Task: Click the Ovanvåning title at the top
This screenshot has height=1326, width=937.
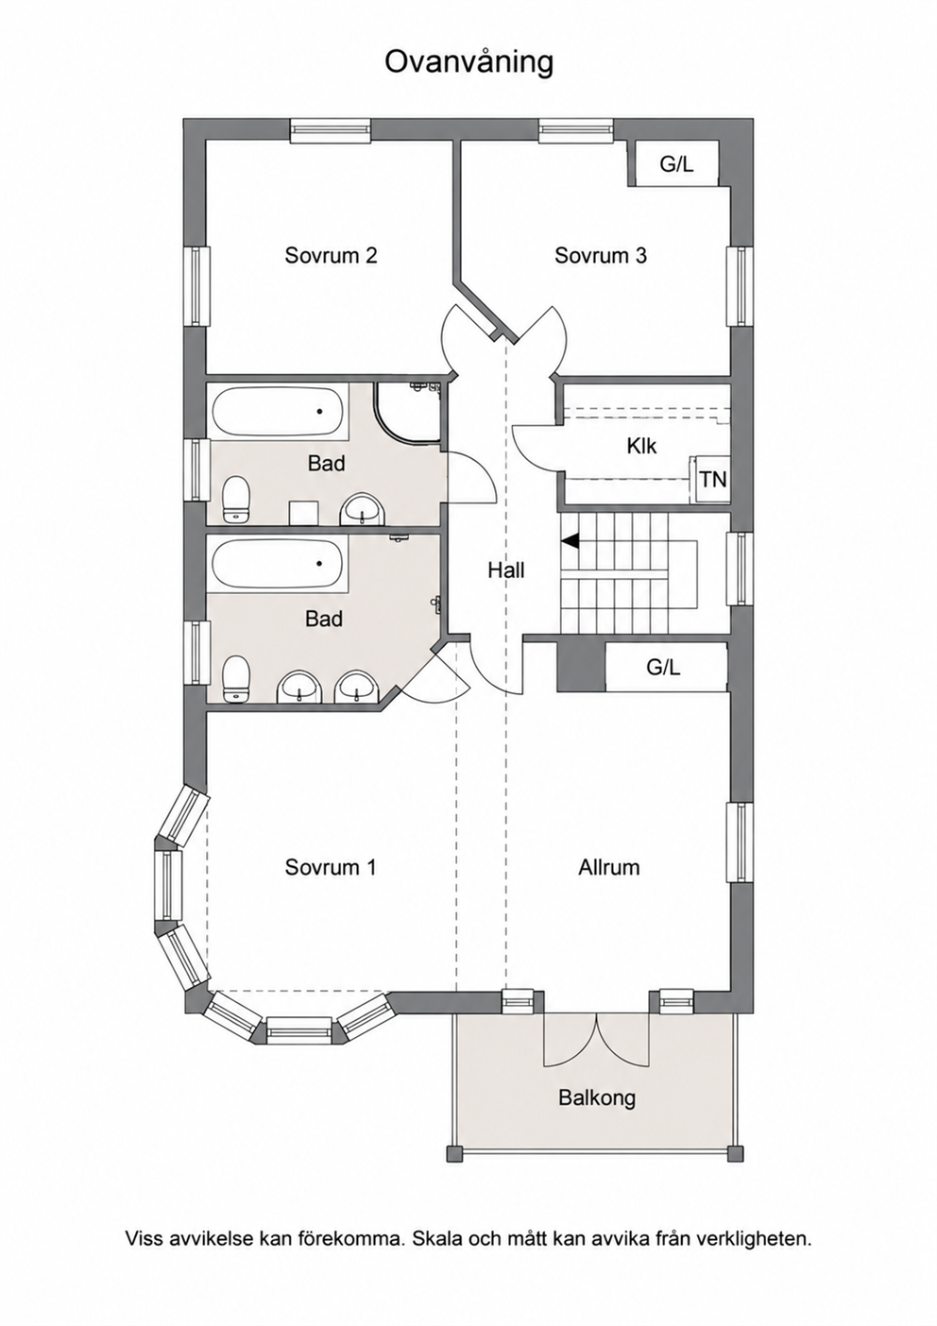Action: [468, 63]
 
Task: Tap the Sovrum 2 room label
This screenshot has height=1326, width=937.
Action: [331, 255]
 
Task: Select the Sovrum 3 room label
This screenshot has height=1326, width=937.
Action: [601, 255]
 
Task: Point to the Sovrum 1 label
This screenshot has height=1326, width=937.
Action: [331, 867]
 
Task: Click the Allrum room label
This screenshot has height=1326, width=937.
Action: [609, 867]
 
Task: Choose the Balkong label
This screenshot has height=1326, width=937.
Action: [597, 1098]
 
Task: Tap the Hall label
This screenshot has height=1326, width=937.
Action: [506, 570]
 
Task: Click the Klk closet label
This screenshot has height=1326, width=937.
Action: [641, 446]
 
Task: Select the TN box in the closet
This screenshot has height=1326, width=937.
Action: [712, 479]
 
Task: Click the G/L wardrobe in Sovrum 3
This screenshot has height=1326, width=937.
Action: [676, 164]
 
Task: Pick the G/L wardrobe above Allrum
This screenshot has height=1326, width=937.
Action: [666, 668]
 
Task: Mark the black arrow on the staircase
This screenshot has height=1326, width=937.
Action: [570, 540]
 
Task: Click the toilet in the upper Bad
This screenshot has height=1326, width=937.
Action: [237, 499]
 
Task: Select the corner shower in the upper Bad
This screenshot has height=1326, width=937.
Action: [408, 412]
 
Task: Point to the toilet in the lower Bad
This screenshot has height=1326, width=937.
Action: [237, 679]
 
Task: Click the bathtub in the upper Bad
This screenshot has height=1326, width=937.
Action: [276, 413]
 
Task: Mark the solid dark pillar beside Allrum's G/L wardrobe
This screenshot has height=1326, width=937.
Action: [581, 667]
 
